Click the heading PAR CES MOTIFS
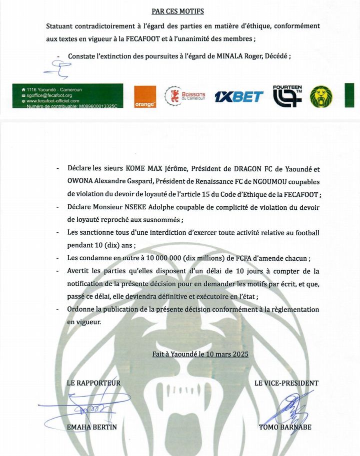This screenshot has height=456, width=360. (177, 11)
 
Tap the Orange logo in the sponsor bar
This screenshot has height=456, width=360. (145, 97)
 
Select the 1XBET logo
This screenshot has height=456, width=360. (238, 97)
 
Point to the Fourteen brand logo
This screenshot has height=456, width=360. (287, 96)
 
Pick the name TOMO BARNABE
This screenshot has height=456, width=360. (285, 427)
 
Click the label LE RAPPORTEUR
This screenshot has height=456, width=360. (93, 383)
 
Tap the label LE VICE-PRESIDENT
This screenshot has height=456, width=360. (286, 383)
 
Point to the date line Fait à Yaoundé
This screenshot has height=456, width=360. (200, 354)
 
